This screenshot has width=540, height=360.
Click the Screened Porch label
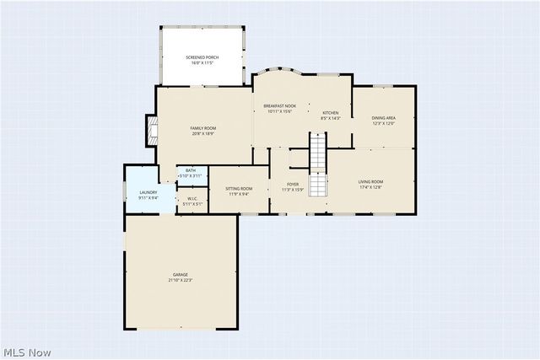coord(202,56)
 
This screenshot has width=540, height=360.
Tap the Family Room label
coord(202,127)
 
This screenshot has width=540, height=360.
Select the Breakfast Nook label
coord(280,106)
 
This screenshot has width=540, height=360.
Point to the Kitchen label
coord(330,112)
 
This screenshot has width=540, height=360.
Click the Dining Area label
coord(384,117)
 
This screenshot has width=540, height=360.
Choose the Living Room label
coord(371,181)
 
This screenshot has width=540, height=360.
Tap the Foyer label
coord(293,184)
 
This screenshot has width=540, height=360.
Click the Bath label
coord(191,170)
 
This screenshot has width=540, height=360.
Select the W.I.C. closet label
coord(192,199)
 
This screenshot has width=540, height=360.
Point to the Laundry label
coord(148,193)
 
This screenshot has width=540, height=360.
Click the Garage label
coord(181,275)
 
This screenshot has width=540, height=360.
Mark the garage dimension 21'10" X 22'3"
coord(181,280)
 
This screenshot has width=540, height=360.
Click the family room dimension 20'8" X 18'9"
coord(202,132)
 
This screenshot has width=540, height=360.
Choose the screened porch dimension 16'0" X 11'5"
coord(202,62)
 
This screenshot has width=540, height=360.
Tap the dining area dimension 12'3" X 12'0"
coord(384,123)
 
